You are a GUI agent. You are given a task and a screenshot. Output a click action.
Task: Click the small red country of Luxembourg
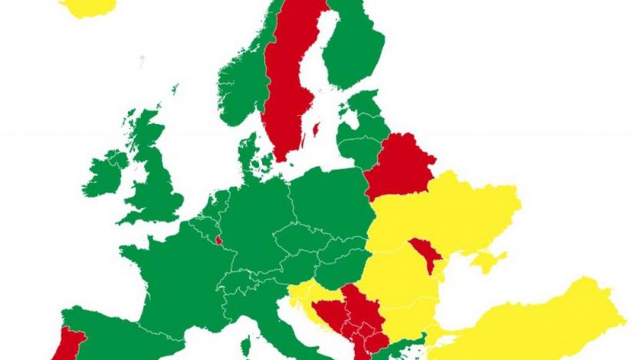coord(219,239)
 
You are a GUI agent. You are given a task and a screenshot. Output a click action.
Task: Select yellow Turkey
coord(536,322)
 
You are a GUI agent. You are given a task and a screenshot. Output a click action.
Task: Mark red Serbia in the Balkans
coord(356,310)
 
